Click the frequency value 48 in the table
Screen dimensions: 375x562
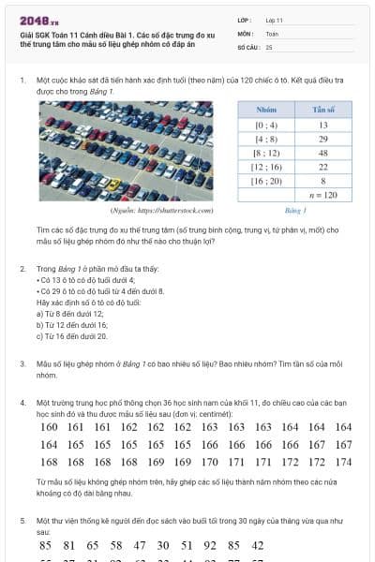click(x=322, y=152)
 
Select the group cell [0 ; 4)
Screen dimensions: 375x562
click(x=266, y=124)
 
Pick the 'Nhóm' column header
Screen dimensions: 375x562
click(x=266, y=110)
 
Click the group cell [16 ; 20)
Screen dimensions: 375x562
click(x=266, y=180)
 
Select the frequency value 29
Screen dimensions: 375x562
click(x=322, y=138)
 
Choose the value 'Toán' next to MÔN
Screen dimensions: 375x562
click(x=272, y=33)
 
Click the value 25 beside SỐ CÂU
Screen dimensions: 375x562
click(x=269, y=46)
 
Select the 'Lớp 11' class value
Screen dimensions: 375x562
click(x=274, y=20)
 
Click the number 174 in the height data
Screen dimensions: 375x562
click(x=343, y=462)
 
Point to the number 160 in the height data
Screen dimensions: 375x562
click(x=49, y=427)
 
